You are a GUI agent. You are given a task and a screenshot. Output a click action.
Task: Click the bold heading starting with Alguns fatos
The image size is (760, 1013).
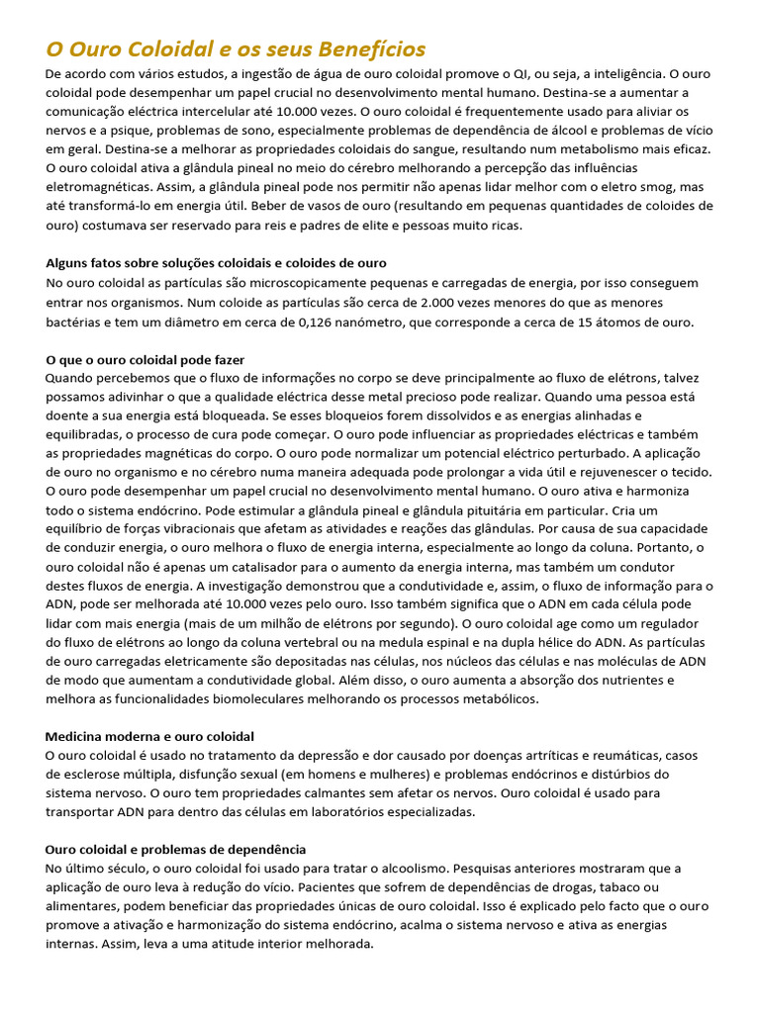[x=216, y=263]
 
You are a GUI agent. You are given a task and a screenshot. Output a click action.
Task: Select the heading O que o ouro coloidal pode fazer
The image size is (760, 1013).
[x=145, y=359]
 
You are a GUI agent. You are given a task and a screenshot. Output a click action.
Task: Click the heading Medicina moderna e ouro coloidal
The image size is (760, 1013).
[x=149, y=737]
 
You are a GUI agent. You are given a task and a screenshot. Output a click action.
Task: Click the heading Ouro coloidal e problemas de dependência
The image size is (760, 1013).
[x=176, y=850]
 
